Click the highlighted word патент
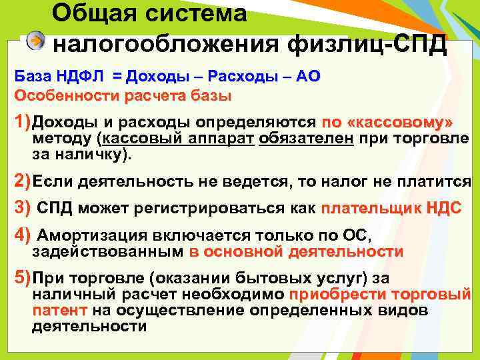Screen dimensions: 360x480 pyautogui.click(x=60, y=311)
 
